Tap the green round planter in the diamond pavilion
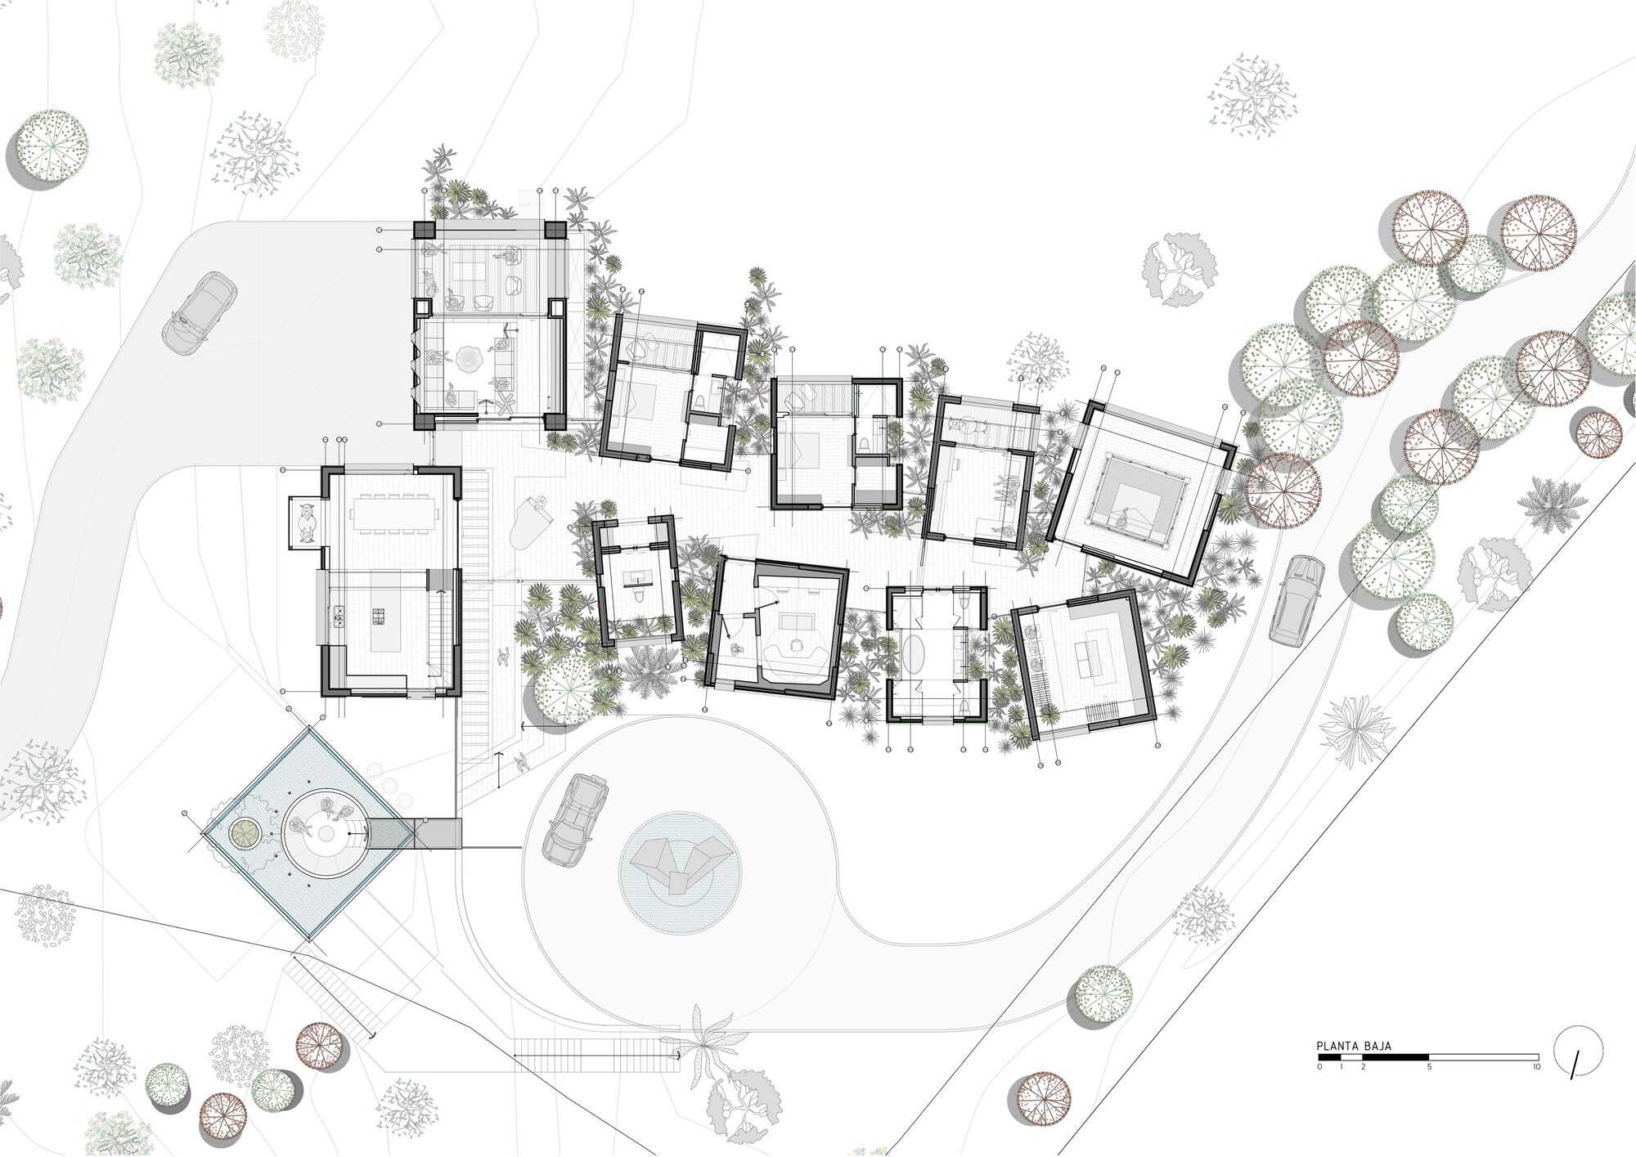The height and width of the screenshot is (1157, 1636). tap(243, 832)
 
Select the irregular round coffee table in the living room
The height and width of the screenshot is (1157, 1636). tap(473, 359)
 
